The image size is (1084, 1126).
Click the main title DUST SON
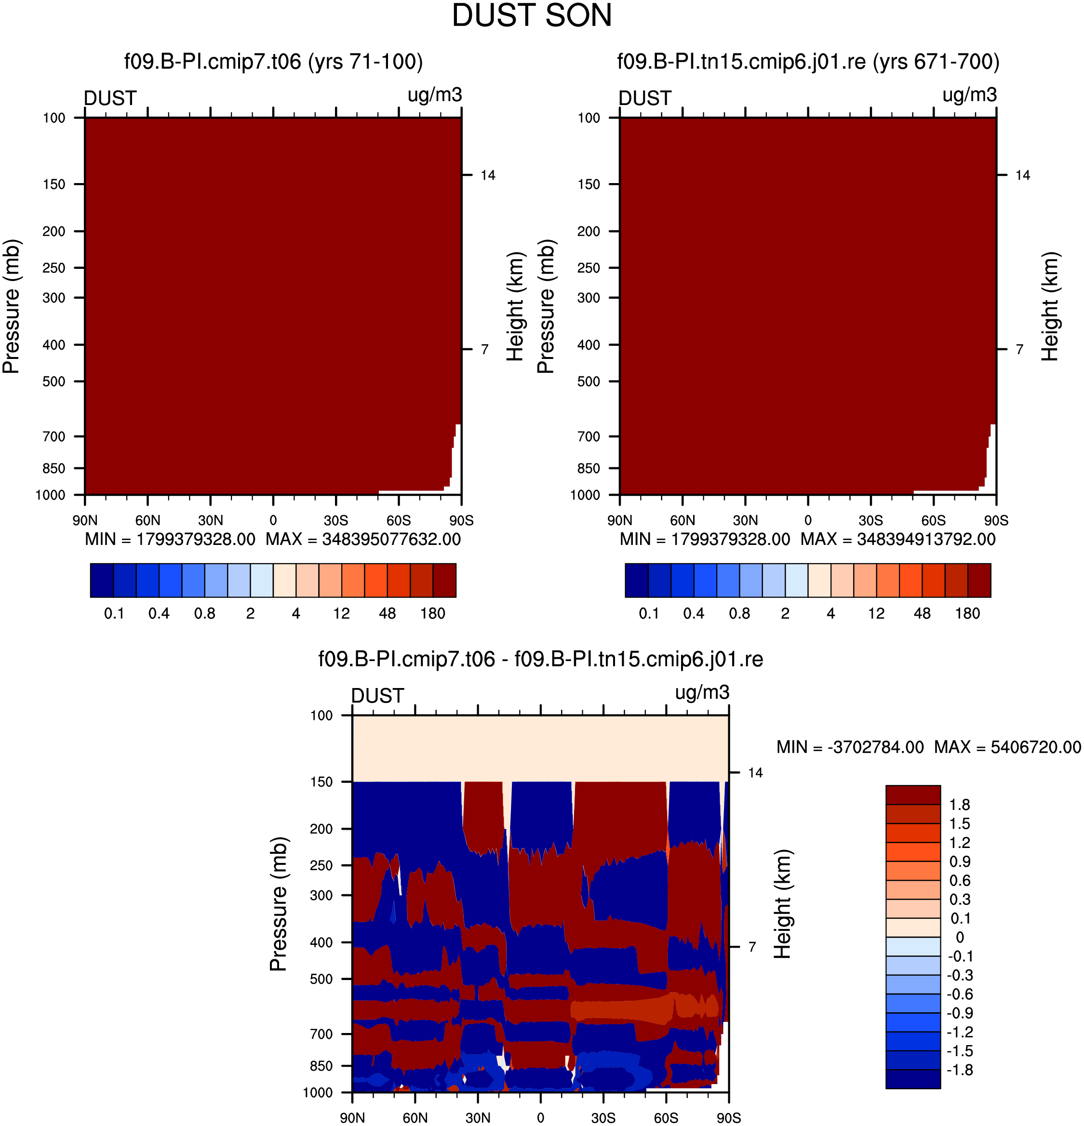[532, 16]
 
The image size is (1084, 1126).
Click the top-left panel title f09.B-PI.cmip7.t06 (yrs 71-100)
[274, 62]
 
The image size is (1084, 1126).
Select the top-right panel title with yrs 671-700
[808, 62]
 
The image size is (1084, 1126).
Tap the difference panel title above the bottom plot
[541, 659]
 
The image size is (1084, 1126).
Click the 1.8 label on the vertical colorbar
[959, 805]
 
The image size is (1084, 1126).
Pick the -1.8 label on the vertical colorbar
[960, 1070]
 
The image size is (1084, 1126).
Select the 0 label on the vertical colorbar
[960, 937]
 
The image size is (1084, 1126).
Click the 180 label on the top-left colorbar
[433, 613]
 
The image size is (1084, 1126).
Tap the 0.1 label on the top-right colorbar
[649, 613]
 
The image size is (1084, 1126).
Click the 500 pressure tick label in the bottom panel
[321, 979]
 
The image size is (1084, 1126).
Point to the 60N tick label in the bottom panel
[415, 1118]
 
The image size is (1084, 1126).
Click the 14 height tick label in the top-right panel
[1022, 175]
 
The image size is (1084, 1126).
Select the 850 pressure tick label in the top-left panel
[54, 468]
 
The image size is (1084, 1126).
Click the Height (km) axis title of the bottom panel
[782, 904]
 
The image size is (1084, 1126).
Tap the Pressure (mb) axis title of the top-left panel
[12, 306]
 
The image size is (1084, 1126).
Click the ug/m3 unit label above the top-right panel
[970, 95]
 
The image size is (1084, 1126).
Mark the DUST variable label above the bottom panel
[377, 696]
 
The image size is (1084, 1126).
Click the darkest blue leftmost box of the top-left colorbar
[102, 580]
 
